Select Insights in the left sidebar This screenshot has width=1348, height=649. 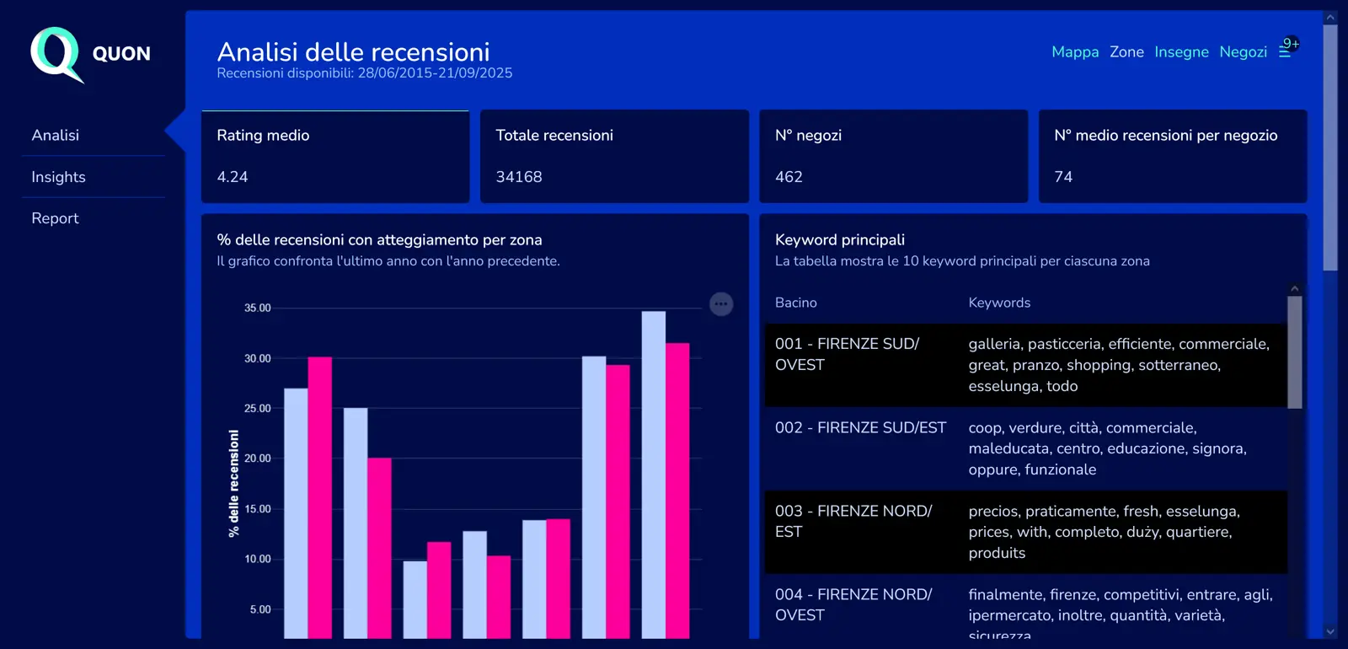click(x=58, y=177)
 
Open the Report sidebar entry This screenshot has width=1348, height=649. click(x=55, y=218)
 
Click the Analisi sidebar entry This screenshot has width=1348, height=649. click(x=55, y=135)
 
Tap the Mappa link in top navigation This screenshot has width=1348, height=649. click(x=1075, y=52)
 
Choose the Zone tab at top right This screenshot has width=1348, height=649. click(x=1126, y=52)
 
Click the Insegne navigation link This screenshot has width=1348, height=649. click(x=1181, y=52)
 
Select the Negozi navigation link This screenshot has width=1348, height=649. click(x=1243, y=52)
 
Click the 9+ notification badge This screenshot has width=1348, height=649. click(x=1291, y=44)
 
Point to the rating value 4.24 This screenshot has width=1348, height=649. click(x=233, y=177)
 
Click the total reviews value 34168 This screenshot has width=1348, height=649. click(x=519, y=177)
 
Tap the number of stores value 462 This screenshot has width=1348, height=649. click(x=789, y=177)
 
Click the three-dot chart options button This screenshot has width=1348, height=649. click(x=721, y=304)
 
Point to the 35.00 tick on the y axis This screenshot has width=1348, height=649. click(x=258, y=308)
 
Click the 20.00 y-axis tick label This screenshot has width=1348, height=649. click(x=258, y=459)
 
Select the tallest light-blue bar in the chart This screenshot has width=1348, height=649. click(x=653, y=472)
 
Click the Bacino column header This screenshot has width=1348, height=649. click(x=795, y=303)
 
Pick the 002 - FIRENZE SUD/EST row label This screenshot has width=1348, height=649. click(x=860, y=428)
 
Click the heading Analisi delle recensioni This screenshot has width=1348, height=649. click(x=353, y=52)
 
